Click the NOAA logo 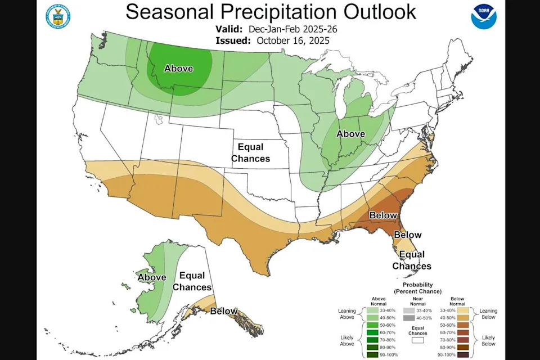pyautogui.click(x=484, y=16)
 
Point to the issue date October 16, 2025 pyautogui.click(x=292, y=40)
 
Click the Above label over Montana pyautogui.click(x=178, y=69)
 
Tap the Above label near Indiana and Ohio pyautogui.click(x=350, y=134)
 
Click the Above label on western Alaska pyautogui.click(x=151, y=277)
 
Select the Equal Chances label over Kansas pyautogui.click(x=250, y=152)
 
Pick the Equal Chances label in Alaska pyautogui.click(x=192, y=281)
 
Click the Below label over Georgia pyautogui.click(x=383, y=215)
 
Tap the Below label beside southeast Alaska pyautogui.click(x=223, y=311)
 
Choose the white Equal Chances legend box pyautogui.click(x=417, y=340)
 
